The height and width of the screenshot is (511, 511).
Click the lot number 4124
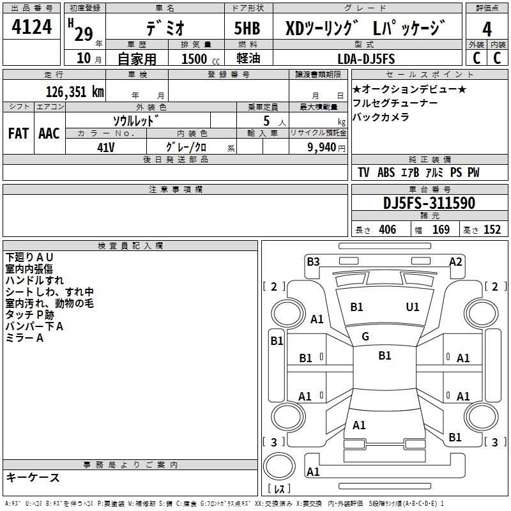pos(33,28)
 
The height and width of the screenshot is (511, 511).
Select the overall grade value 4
pos(487,29)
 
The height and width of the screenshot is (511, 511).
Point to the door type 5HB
pos(247,29)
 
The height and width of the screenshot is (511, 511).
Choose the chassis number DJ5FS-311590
pos(429,203)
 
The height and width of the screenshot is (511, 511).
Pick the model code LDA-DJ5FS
pos(366,59)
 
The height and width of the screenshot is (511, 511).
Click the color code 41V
pos(106,147)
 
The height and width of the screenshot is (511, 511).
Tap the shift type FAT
pos(19,133)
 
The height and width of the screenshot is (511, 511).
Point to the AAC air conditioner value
pos(49,133)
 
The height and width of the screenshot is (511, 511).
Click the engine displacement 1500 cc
pos(198,59)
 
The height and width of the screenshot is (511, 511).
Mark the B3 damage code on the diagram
pos(313,261)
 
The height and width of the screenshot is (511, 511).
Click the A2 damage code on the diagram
pos(455,261)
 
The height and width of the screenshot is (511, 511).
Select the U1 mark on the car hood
pos(413,307)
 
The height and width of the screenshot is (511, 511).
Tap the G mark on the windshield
pos(365,337)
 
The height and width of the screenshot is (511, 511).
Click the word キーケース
pos(33,477)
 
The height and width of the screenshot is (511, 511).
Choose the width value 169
pos(441,230)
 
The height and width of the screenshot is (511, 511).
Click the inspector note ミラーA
pos(24,338)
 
